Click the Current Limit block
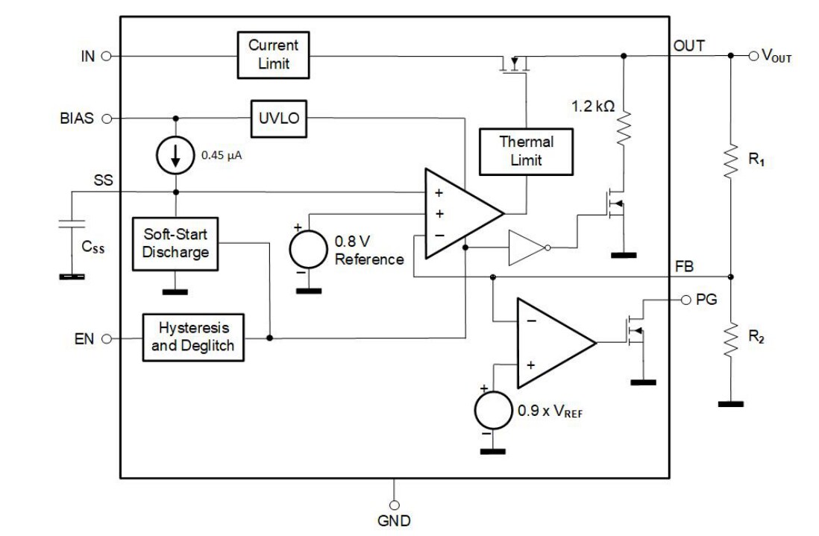coord(273,55)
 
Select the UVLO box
coord(277,119)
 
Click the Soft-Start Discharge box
coord(176,243)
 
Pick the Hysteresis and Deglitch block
coord(193,338)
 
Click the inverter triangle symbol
coord(525,247)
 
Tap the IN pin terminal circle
coord(106,56)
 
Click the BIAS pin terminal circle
coord(106,119)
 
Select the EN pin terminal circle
coord(106,338)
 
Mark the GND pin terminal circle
coord(394,505)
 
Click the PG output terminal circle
coord(686,300)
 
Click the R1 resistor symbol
coord(730,162)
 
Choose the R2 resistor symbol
coord(730,337)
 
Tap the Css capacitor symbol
coord(72,224)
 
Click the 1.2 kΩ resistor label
coord(594,106)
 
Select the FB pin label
coord(684,265)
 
